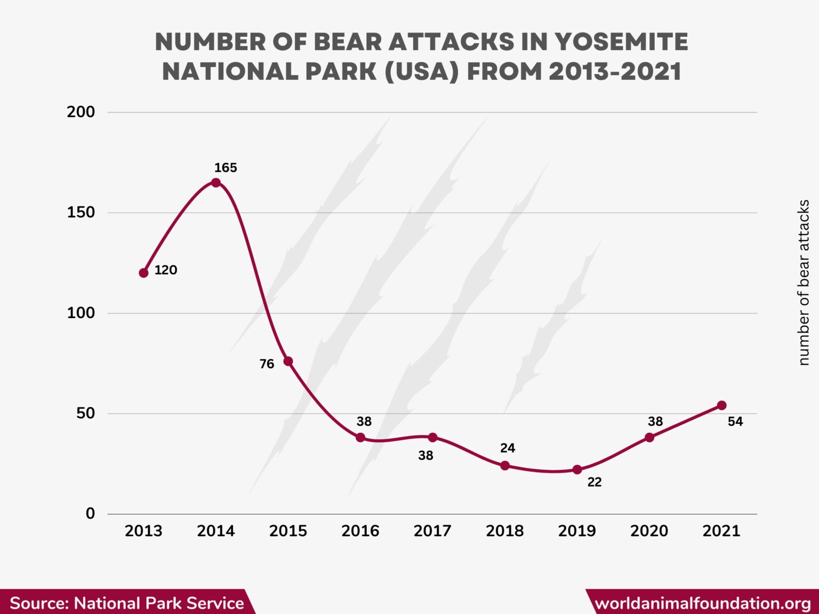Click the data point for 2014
[x=216, y=183]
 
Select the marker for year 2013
[x=143, y=273]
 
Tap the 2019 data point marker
[x=577, y=470]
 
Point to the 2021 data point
[x=721, y=406]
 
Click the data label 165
[x=226, y=168]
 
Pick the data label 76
[x=267, y=364]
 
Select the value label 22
[x=594, y=482]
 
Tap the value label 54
[x=735, y=422]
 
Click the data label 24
[x=507, y=448]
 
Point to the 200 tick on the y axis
[x=81, y=112]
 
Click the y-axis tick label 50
[x=85, y=413]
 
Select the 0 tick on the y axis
[x=90, y=513]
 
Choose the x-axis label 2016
[x=360, y=531]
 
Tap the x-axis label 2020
[x=649, y=531]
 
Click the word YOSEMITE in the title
[x=621, y=42]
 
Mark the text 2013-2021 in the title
[x=615, y=72]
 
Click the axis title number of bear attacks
[x=804, y=282]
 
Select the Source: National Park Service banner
[x=126, y=603]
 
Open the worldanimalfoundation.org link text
[x=702, y=603]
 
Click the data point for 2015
[x=288, y=361]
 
